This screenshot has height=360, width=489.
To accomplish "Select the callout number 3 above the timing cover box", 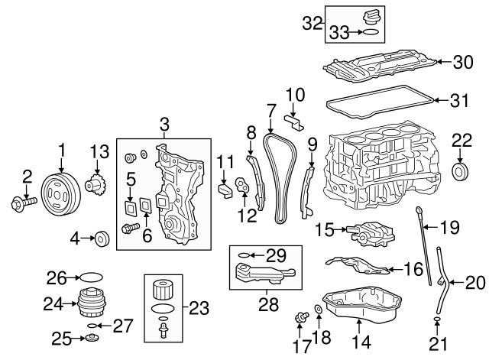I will (x=164, y=124).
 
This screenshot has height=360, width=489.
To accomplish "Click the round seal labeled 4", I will (x=100, y=239).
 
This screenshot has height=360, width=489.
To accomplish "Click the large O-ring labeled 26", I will (x=89, y=276).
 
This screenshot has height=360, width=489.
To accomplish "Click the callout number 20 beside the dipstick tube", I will (x=474, y=283).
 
